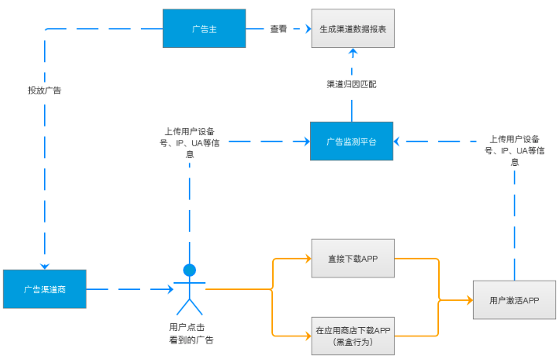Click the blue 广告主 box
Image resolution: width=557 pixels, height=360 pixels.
point(204,29)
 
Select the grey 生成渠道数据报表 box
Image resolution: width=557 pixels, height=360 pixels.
point(352,29)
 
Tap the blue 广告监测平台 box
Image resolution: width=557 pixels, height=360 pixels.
point(351,141)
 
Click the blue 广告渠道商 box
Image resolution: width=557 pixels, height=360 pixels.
point(44,289)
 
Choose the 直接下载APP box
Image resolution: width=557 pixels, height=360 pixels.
point(352,258)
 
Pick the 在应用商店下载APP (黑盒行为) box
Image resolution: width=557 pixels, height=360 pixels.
point(352,336)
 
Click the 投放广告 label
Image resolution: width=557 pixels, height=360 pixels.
point(45,90)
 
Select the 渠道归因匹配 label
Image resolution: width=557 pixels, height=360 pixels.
point(352,83)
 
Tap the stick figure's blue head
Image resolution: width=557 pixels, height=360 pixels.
point(190,270)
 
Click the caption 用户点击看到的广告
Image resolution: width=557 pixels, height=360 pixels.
point(190,333)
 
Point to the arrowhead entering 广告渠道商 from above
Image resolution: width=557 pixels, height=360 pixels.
point(45,265)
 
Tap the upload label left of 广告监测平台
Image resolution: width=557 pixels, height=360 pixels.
point(190,142)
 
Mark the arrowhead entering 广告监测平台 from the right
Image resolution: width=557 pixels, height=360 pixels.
point(398,141)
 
